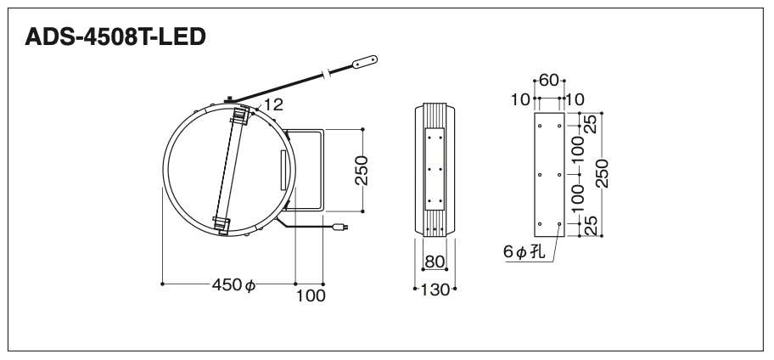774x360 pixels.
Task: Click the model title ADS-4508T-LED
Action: pyautogui.click(x=115, y=37)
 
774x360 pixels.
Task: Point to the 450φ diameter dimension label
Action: pyautogui.click(x=233, y=285)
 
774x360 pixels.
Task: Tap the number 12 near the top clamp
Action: pyautogui.click(x=273, y=104)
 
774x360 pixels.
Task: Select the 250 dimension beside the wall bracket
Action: pyautogui.click(x=362, y=171)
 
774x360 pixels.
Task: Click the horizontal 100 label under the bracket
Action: pyautogui.click(x=311, y=295)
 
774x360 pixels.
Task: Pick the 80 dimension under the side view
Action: pyautogui.click(x=435, y=262)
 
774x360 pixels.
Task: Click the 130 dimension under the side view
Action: pyautogui.click(x=435, y=290)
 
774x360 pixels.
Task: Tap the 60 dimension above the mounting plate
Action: pyautogui.click(x=549, y=80)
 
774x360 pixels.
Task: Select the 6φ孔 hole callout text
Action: pyautogui.click(x=524, y=252)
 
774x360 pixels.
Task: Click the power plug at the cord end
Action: pyautogui.click(x=340, y=228)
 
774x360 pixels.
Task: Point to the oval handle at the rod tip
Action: pyautogui.click(x=365, y=61)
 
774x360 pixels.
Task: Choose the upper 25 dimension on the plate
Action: pyautogui.click(x=591, y=123)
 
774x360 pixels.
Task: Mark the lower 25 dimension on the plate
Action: pyautogui.click(x=591, y=225)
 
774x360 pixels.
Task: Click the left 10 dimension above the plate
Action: pyautogui.click(x=520, y=99)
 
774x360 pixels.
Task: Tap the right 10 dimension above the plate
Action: pyautogui.click(x=575, y=99)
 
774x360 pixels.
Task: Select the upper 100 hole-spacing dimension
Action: pyautogui.click(x=578, y=149)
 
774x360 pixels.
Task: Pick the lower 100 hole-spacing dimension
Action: pyautogui.click(x=578, y=198)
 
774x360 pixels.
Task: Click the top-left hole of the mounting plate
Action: pyautogui.click(x=540, y=126)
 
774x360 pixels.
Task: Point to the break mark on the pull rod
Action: pyautogui.click(x=325, y=75)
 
